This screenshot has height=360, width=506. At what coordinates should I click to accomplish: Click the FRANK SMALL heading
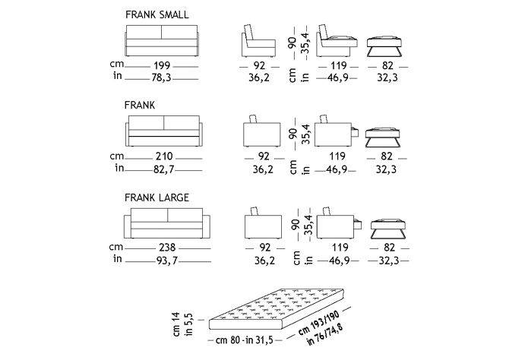click(x=157, y=15)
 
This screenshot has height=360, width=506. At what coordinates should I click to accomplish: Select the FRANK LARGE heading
click(x=157, y=197)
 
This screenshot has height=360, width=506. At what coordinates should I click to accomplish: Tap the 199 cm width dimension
click(x=162, y=65)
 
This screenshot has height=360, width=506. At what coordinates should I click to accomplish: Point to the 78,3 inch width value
click(x=161, y=77)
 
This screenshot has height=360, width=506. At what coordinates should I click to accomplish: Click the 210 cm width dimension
click(x=164, y=156)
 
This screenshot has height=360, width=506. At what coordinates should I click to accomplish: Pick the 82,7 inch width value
click(x=164, y=169)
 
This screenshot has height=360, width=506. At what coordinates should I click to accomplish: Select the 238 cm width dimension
click(x=167, y=248)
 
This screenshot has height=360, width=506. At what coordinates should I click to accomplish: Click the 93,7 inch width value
click(x=167, y=260)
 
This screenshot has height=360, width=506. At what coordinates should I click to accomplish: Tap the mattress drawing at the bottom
click(x=278, y=310)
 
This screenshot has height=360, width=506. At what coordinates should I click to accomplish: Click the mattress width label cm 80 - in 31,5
click(x=245, y=340)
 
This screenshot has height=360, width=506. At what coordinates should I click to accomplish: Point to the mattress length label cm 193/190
click(x=319, y=323)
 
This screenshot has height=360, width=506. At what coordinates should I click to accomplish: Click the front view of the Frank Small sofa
click(x=162, y=41)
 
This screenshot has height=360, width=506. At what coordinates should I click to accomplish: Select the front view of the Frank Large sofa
click(x=167, y=223)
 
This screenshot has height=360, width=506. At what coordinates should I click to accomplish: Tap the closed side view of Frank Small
click(x=258, y=41)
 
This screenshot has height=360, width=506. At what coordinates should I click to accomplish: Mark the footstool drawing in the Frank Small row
click(x=384, y=46)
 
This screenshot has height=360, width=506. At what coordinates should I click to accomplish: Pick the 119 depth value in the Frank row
click(x=337, y=156)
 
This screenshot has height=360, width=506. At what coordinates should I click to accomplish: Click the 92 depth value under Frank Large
click(x=265, y=248)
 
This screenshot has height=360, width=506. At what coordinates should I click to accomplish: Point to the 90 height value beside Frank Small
click(x=293, y=43)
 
